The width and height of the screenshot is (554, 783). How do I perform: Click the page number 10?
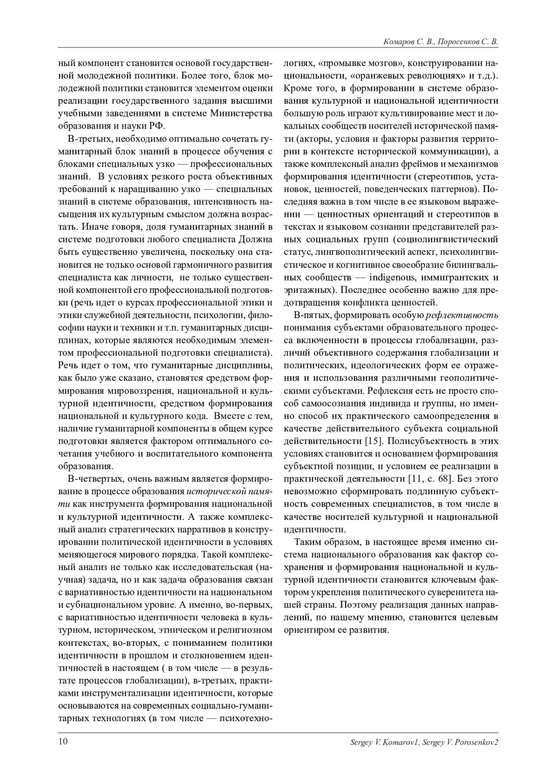(63, 741)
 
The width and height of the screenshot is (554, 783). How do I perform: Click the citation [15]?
(372, 440)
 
